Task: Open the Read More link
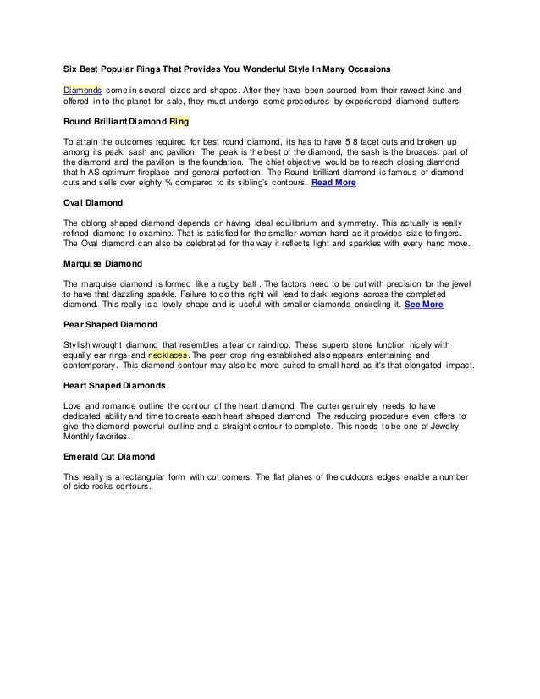coord(333,183)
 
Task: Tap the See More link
coord(423,304)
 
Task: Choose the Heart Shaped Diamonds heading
coord(117,385)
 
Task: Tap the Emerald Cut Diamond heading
coord(108,456)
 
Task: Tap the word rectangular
coord(141,476)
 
